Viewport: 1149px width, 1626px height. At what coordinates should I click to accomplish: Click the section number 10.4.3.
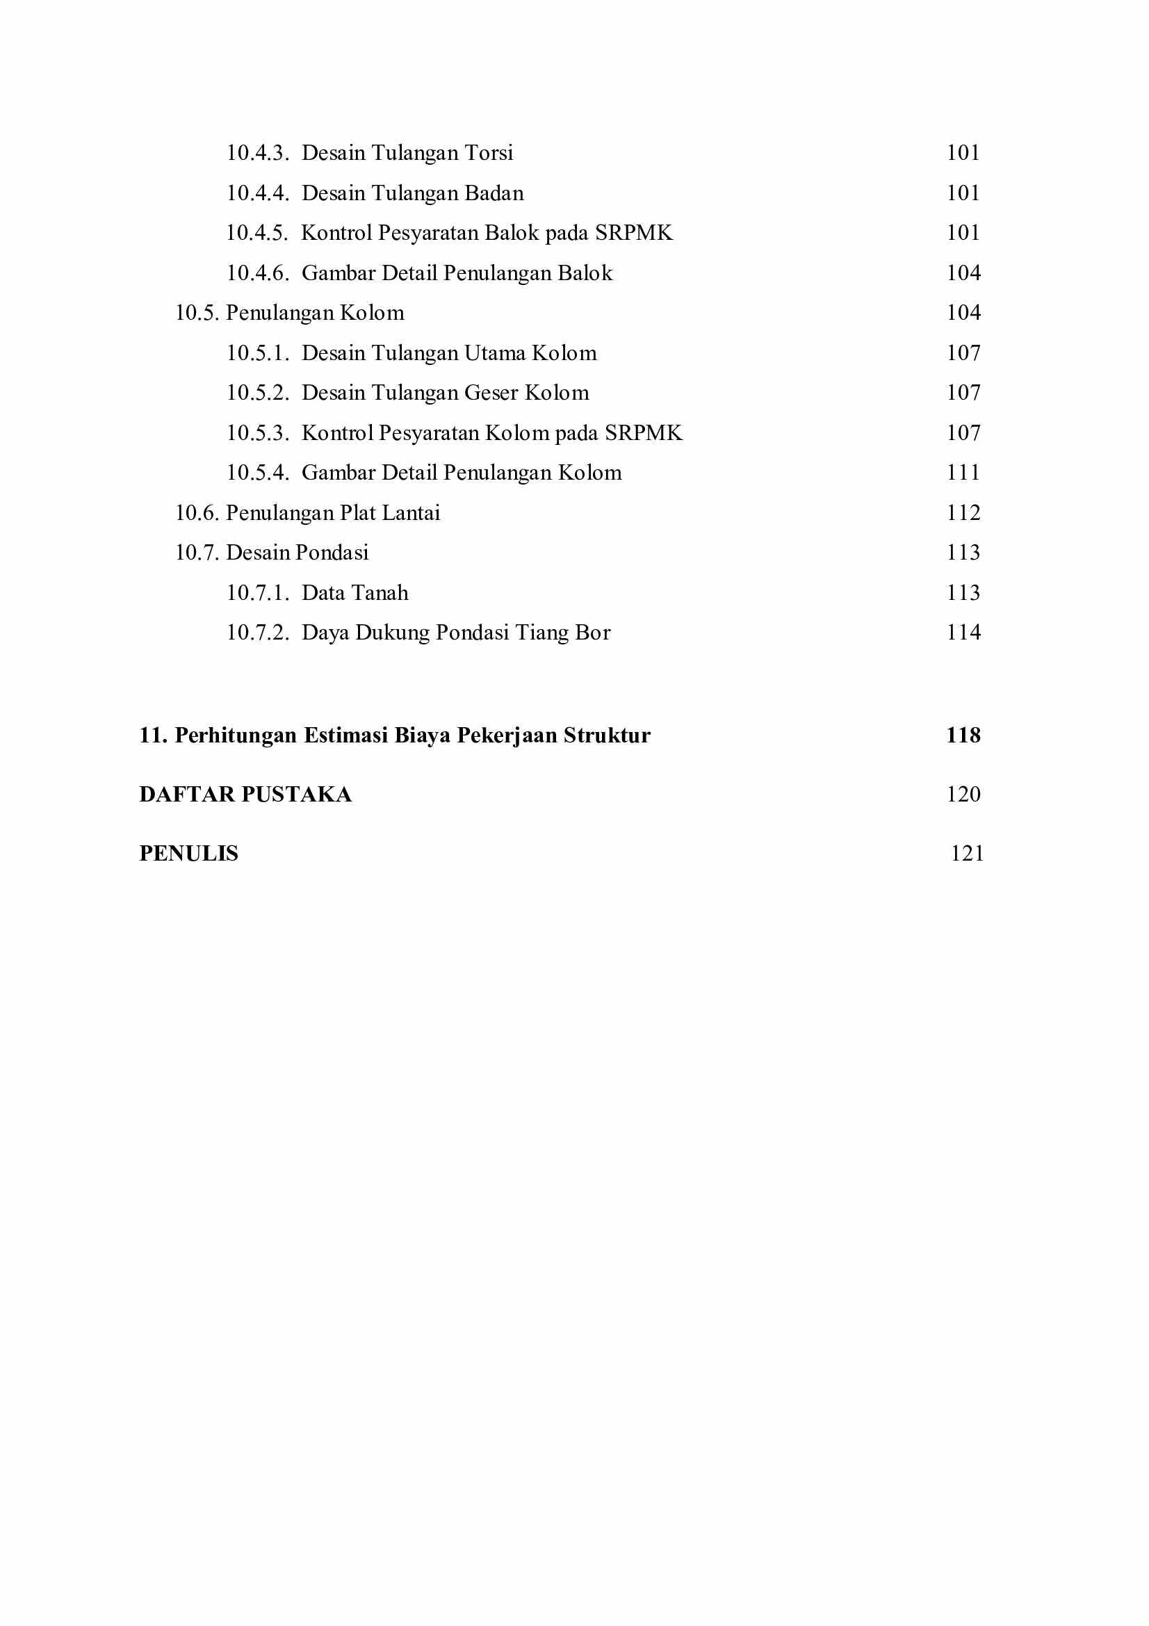coord(257,153)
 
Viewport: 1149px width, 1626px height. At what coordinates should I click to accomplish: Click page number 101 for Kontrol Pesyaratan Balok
coord(963,233)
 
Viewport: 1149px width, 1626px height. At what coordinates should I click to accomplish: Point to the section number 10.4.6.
coord(257,273)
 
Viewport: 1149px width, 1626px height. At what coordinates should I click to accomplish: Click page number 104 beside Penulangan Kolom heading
coord(963,313)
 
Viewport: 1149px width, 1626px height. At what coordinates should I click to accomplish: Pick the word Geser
coord(491,393)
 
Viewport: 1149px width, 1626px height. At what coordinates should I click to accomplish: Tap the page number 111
coord(963,473)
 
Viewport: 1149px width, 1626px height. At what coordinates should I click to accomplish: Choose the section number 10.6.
coord(197,514)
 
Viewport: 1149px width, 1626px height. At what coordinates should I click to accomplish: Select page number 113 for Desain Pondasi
coord(963,553)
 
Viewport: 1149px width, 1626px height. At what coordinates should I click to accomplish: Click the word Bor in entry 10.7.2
coord(592,633)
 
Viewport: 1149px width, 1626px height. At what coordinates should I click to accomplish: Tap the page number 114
coord(963,633)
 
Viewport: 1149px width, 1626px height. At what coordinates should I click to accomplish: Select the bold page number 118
coord(963,735)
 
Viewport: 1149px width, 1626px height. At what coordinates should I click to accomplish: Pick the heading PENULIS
coord(188,854)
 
